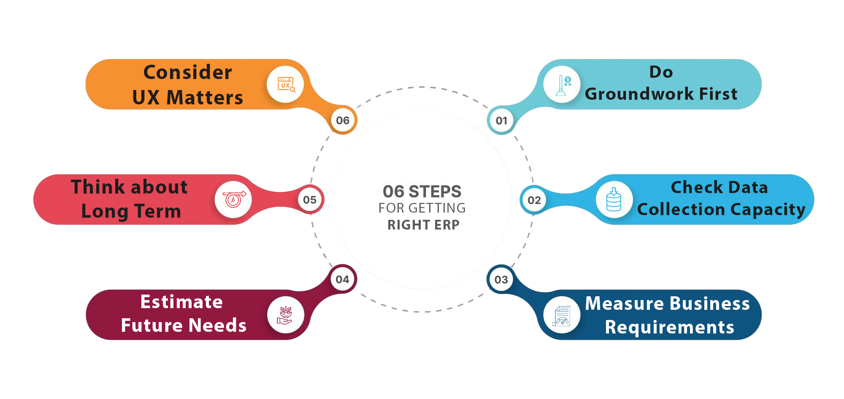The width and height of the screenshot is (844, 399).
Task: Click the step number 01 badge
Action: pos(501,121)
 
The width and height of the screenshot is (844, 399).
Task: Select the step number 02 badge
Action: pos(534,200)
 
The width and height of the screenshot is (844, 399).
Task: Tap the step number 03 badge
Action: pos(501,279)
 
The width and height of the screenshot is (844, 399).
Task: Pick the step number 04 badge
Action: pos(342,279)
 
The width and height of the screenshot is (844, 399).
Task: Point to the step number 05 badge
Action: pos(310,200)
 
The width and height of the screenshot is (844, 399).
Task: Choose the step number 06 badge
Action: pos(343,120)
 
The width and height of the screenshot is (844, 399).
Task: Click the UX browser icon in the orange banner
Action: pos(286,85)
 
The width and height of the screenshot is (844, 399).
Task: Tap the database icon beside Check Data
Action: pos(614,199)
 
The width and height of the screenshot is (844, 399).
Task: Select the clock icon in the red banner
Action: pos(233,199)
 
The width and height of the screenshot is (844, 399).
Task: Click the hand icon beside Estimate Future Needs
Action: pos(285,315)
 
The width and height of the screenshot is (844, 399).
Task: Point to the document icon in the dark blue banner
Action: pos(562,315)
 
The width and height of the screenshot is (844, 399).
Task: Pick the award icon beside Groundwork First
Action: pos(562,85)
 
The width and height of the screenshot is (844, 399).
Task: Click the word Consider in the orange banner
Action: pos(188,72)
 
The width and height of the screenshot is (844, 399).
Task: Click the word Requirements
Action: pos(670,327)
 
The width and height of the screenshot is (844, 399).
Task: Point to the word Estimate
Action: pos(181,302)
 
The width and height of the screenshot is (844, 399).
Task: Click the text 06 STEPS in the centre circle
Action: pos(422,191)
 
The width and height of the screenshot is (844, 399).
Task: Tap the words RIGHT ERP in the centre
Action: pos(423,225)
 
